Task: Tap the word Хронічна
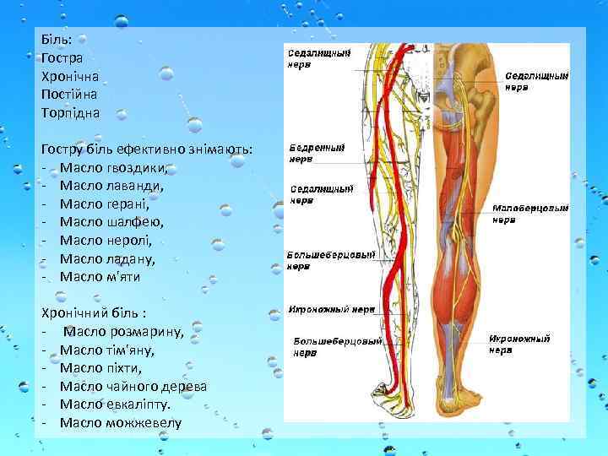pyautogui.click(x=70, y=76)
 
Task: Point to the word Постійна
pyautogui.click(x=69, y=94)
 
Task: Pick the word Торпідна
pyautogui.click(x=70, y=112)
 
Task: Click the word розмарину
pyautogui.click(x=147, y=331)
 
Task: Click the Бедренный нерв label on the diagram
pyautogui.click(x=317, y=152)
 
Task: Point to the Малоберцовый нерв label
pyautogui.click(x=530, y=213)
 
